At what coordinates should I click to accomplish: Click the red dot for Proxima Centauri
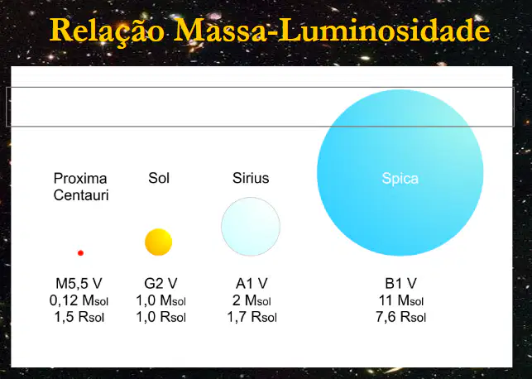(80, 252)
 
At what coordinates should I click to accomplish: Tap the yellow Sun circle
(159, 242)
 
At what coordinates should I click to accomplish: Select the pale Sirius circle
(251, 226)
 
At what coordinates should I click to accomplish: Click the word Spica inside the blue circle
(400, 179)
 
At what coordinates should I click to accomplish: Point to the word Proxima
(80, 178)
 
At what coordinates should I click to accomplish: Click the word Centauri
(81, 195)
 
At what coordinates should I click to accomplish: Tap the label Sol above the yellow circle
(159, 178)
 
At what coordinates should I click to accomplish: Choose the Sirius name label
(251, 178)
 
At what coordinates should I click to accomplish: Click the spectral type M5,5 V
(79, 283)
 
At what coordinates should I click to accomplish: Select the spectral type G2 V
(161, 283)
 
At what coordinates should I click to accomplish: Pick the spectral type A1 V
(252, 283)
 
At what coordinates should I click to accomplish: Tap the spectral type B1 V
(400, 283)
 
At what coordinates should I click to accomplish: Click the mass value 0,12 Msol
(79, 300)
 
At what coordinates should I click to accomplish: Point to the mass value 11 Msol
(401, 300)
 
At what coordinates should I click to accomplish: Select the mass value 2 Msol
(252, 300)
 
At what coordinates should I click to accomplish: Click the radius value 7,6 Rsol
(400, 317)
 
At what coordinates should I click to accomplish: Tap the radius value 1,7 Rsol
(252, 317)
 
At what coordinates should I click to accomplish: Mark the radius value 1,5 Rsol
(79, 317)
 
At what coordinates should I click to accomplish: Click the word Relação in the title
(108, 31)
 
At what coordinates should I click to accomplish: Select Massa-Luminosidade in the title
(333, 30)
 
